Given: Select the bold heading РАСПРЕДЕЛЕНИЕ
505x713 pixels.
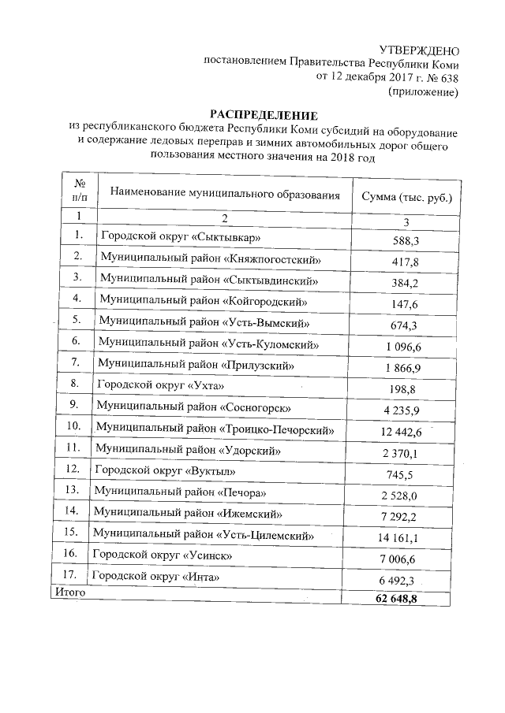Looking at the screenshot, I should point(263,116).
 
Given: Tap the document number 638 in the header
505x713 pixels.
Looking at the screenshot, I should point(446,77).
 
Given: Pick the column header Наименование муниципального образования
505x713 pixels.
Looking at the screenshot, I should point(225,193).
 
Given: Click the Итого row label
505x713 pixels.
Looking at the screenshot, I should point(68,590).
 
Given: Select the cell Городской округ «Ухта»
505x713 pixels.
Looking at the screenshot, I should point(160,384).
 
